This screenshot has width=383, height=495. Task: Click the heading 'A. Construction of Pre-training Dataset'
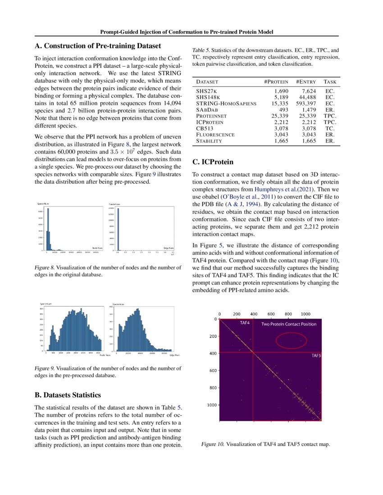tap(98, 45)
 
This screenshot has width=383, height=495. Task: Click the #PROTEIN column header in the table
tap(276, 82)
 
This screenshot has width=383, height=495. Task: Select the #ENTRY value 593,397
tap(305, 103)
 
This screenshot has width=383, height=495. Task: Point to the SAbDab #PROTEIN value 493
tap(282, 110)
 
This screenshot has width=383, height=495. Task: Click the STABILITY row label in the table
tap(209, 141)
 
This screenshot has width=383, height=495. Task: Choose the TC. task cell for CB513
tap(329, 129)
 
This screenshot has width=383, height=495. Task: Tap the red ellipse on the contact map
tap(291, 340)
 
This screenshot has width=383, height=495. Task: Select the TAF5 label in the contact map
tap(316, 355)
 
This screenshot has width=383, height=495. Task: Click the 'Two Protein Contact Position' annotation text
tap(289, 324)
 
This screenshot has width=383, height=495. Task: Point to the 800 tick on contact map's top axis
tap(287, 314)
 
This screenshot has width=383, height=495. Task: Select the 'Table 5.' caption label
tap(201, 51)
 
